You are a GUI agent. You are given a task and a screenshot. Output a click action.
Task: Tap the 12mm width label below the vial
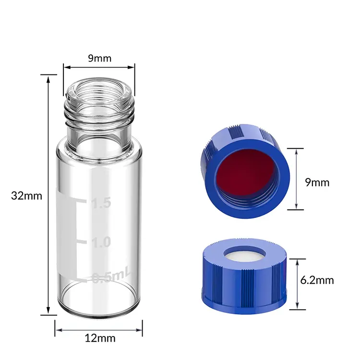(x=100, y=338)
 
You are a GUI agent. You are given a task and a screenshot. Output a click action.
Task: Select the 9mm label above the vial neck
(x=99, y=59)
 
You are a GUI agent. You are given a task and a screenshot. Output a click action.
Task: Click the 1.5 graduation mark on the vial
(x=101, y=204)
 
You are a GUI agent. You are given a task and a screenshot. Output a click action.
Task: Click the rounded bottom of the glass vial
(x=99, y=307)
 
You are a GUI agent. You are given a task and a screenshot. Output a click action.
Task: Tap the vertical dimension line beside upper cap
(x=298, y=179)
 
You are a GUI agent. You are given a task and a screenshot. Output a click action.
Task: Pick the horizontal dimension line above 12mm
(x=99, y=329)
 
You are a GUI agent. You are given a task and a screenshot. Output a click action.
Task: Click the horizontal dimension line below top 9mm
(x=99, y=67)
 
